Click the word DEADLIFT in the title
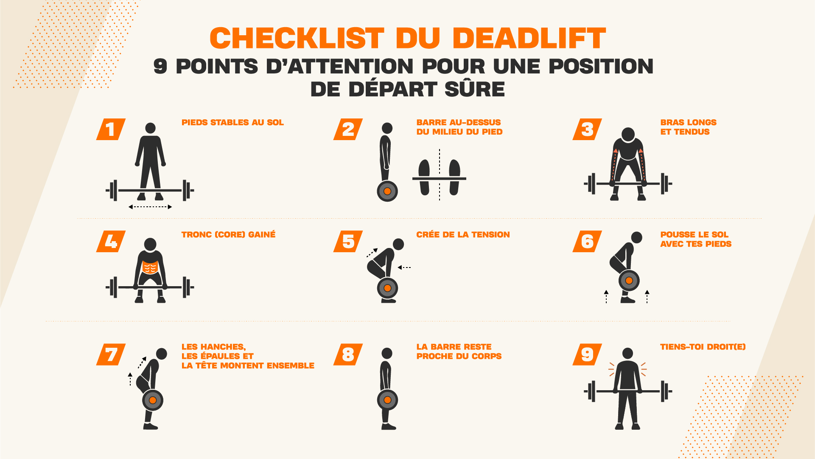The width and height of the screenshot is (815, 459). (529, 38)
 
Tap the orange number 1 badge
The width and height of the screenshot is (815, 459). (111, 129)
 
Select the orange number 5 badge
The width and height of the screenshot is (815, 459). (348, 241)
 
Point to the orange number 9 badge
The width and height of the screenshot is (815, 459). (587, 354)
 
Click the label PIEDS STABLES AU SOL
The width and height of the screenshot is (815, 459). (232, 123)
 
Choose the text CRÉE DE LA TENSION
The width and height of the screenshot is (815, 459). (463, 234)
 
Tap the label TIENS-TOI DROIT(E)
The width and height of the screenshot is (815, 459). (703, 347)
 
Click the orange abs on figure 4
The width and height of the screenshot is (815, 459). (150, 268)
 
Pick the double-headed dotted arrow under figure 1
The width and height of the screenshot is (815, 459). (150, 207)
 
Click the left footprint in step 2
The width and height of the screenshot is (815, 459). (424, 177)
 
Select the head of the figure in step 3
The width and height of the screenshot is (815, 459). (628, 135)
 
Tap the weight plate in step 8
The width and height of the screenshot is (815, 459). (387, 400)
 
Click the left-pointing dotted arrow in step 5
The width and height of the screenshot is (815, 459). (404, 268)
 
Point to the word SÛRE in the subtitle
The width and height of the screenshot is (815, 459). (475, 89)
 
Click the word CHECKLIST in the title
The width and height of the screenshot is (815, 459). (297, 38)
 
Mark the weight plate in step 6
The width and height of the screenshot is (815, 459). (629, 280)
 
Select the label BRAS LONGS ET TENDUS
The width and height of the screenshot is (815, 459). (688, 127)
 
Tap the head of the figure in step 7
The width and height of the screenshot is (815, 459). (162, 354)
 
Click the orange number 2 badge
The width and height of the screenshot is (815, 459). (348, 129)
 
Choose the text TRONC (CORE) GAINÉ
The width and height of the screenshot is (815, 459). (228, 234)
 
